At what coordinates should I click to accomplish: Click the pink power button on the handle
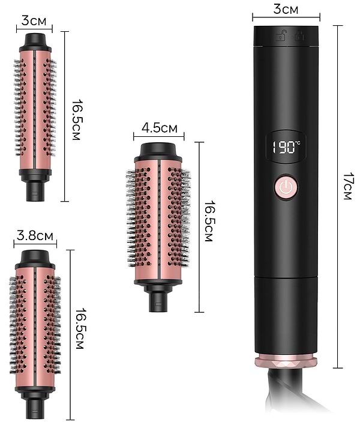(x=286, y=186)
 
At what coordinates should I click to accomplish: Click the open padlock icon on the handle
(x=281, y=35)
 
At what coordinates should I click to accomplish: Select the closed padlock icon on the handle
(x=299, y=35)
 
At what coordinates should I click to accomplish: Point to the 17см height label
(x=347, y=186)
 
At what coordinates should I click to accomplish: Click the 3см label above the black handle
(x=286, y=9)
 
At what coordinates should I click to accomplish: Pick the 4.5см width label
(x=159, y=128)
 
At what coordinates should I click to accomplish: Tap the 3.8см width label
(x=35, y=235)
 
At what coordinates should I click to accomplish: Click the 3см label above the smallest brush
(x=34, y=20)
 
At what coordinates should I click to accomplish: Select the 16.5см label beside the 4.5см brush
(x=209, y=221)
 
